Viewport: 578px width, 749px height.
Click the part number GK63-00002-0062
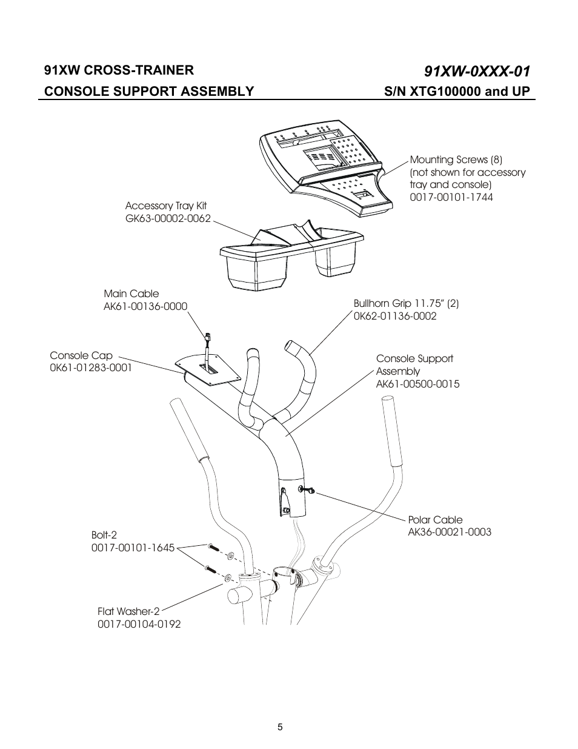(168, 218)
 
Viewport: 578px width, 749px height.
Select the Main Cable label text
(131, 294)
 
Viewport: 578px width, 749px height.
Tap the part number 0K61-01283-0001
(90, 368)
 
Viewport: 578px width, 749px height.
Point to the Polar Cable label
(435, 520)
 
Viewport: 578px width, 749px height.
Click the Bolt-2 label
(104, 535)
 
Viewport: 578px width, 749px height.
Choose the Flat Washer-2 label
(128, 611)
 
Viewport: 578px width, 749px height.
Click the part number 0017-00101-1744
(451, 197)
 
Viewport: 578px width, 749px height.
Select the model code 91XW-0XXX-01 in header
(477, 72)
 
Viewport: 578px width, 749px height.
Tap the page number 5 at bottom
(280, 727)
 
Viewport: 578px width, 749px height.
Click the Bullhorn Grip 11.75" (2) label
(406, 303)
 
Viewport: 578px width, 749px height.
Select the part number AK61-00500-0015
(417, 384)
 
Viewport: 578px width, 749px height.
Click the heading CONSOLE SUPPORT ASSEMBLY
(149, 92)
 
